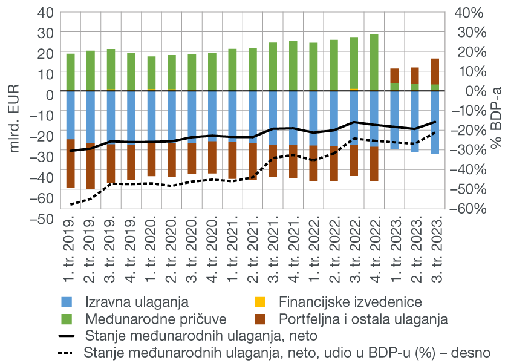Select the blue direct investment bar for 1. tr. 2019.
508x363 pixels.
[71, 115]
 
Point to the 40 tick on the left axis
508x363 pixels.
[45, 12]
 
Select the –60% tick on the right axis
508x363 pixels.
[469, 209]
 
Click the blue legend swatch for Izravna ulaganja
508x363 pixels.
[68, 301]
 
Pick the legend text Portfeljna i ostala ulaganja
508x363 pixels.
[363, 318]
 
